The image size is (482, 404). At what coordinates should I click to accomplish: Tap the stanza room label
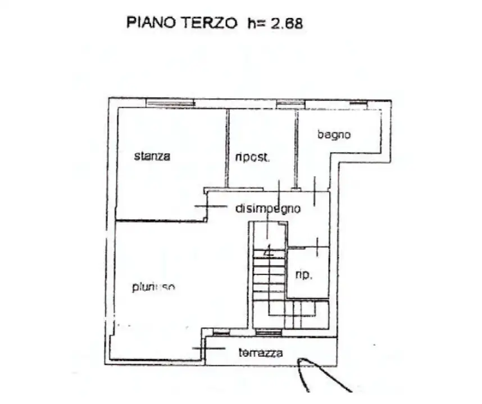(x=152, y=157)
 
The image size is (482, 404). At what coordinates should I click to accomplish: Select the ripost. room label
(x=253, y=158)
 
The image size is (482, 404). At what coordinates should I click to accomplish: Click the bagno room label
(x=334, y=135)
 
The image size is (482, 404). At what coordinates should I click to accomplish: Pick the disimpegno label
(x=268, y=209)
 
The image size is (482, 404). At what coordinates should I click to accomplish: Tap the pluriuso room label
(x=153, y=287)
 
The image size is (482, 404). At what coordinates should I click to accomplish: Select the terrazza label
(x=260, y=353)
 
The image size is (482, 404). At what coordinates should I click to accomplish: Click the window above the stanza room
(x=170, y=103)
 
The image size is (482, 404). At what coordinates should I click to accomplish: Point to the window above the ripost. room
(x=290, y=103)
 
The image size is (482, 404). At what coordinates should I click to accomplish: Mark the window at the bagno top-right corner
(x=358, y=103)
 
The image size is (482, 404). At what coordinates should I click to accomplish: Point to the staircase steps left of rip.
(x=269, y=274)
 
